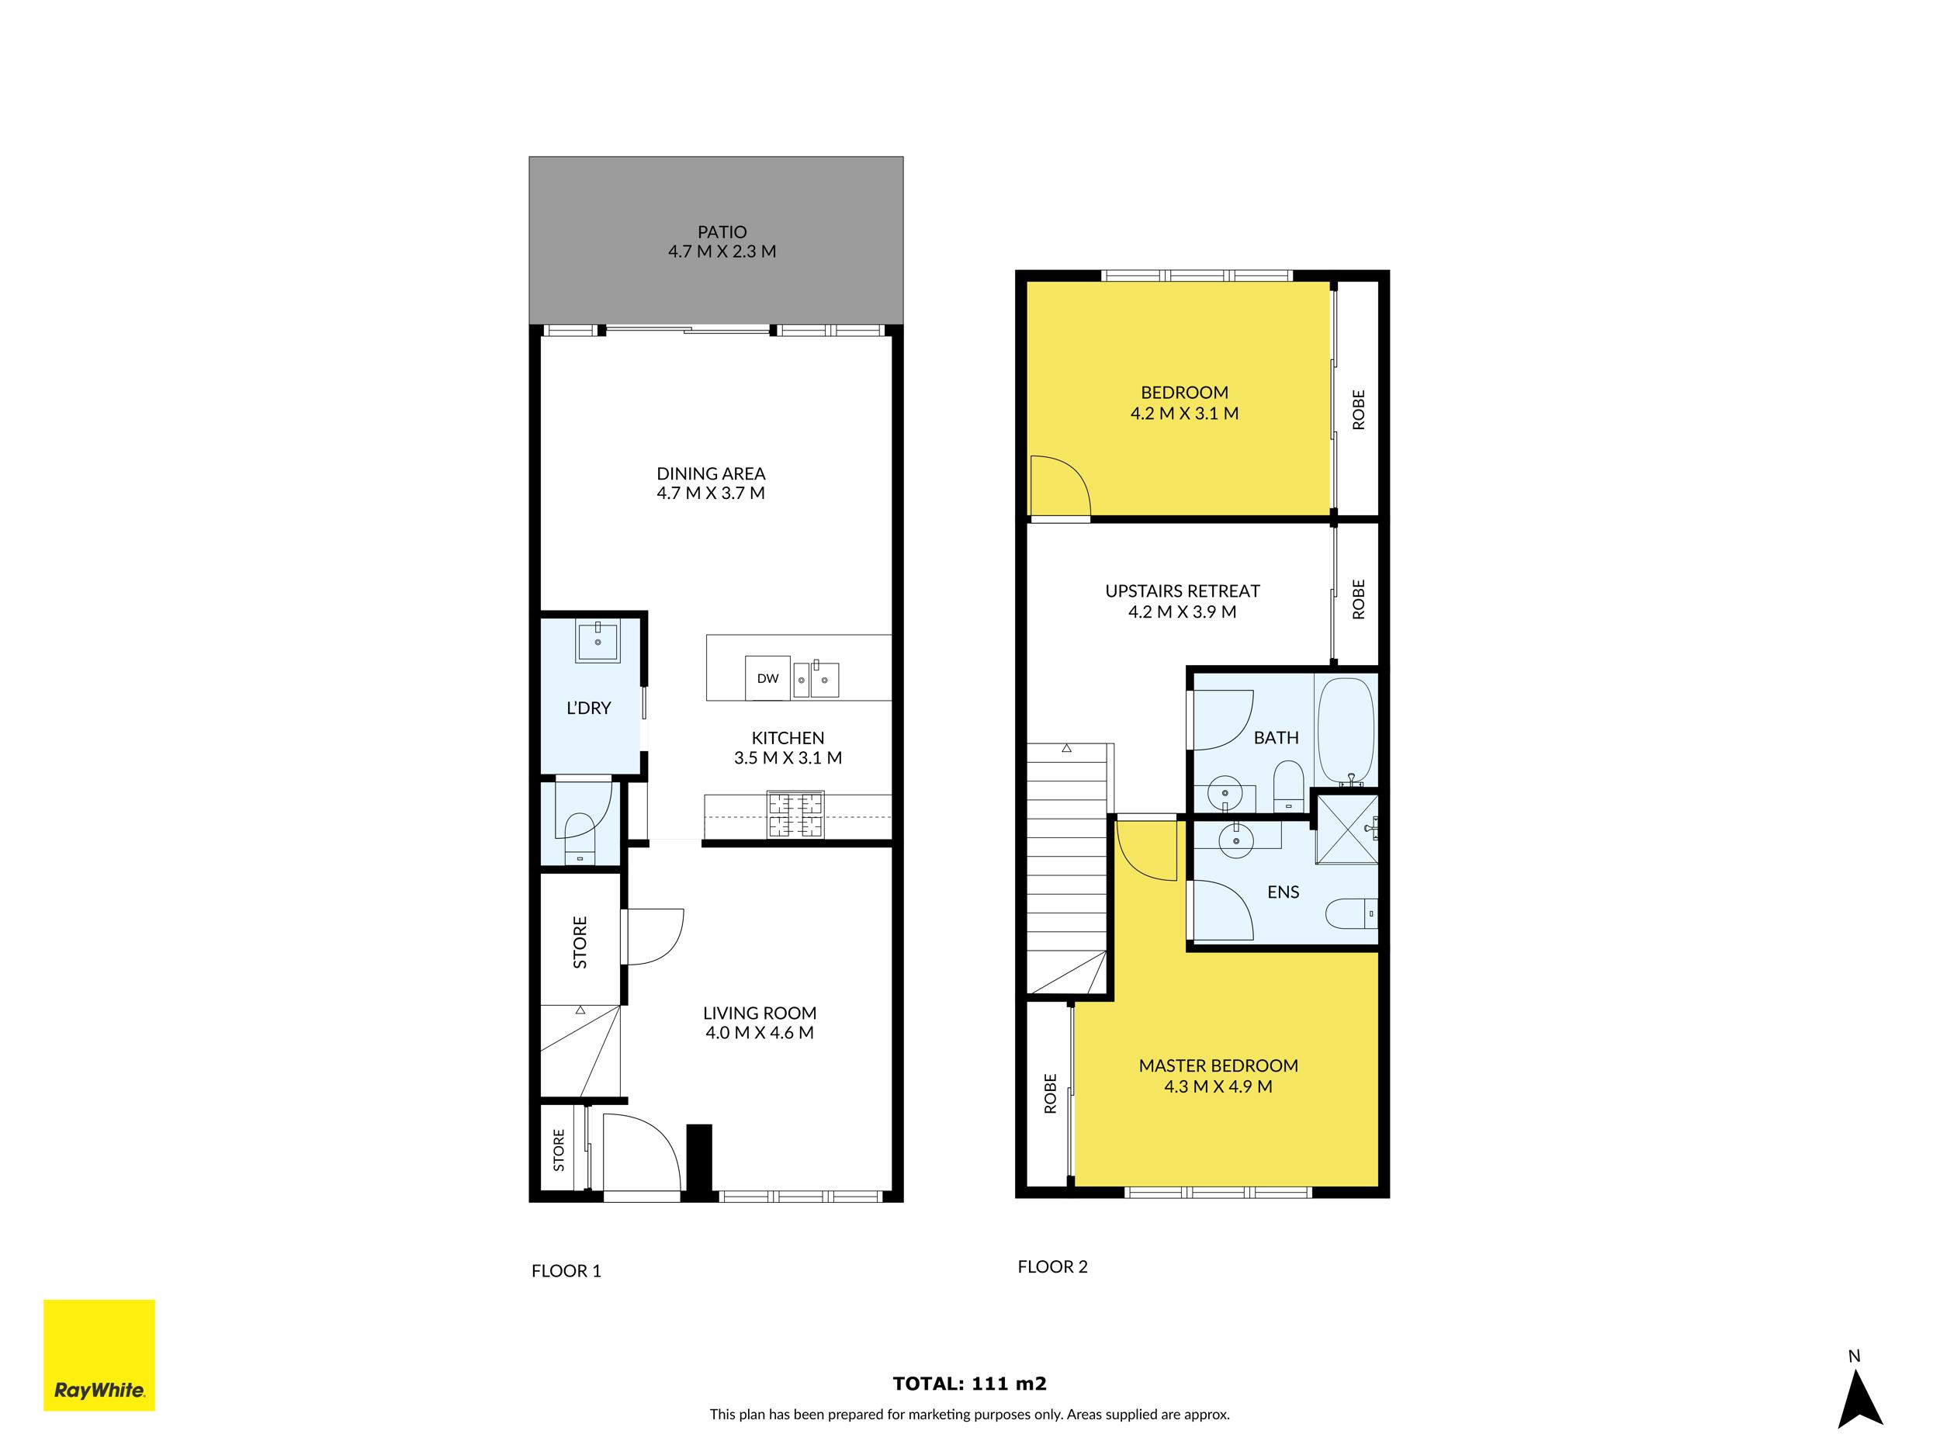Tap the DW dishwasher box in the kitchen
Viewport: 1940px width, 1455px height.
[767, 678]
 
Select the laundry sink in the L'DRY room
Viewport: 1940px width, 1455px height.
[598, 640]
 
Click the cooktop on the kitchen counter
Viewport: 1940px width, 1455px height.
[795, 815]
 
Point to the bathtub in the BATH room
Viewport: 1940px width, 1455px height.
[1346, 730]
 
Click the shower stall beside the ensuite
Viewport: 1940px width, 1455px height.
[1346, 829]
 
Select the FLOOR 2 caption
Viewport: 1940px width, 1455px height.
[1052, 1266]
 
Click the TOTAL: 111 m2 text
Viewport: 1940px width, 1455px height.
[969, 1384]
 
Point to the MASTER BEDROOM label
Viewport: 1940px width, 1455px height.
[1218, 1065]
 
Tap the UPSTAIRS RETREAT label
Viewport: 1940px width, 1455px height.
[1183, 591]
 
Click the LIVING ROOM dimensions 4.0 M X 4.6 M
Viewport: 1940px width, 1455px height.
[760, 1033]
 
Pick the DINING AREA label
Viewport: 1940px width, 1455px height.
[710, 473]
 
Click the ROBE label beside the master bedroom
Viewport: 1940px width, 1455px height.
[1051, 1093]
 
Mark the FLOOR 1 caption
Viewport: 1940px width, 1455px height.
[566, 1271]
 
